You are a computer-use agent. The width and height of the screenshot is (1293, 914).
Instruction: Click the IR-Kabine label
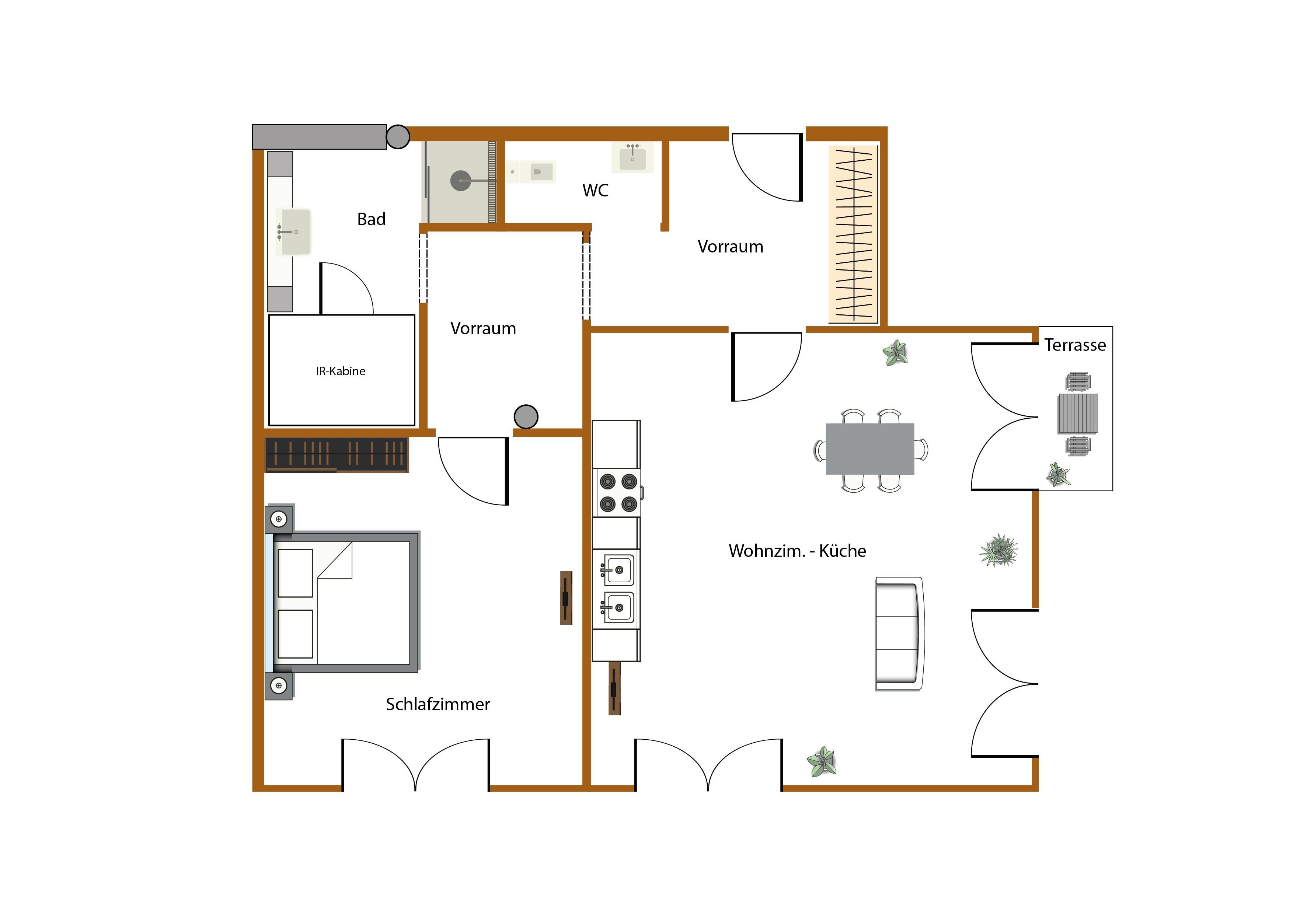(340, 371)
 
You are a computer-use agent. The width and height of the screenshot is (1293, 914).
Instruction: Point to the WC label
(595, 190)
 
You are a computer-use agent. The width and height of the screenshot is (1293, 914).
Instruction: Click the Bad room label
(371, 219)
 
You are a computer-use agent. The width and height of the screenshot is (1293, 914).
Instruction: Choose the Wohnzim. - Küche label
(797, 551)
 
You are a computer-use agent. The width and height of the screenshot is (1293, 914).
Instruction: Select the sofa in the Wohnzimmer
(899, 634)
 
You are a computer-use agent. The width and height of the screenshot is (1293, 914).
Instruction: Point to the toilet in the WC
(531, 172)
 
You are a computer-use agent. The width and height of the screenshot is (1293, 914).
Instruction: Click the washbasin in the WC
(632, 157)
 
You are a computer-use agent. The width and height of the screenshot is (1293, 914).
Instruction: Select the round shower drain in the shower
(461, 181)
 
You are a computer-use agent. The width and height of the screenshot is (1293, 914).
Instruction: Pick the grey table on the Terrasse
(1078, 414)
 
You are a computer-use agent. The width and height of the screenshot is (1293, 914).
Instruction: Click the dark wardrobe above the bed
(337, 454)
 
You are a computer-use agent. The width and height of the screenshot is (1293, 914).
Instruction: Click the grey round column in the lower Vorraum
(526, 417)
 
